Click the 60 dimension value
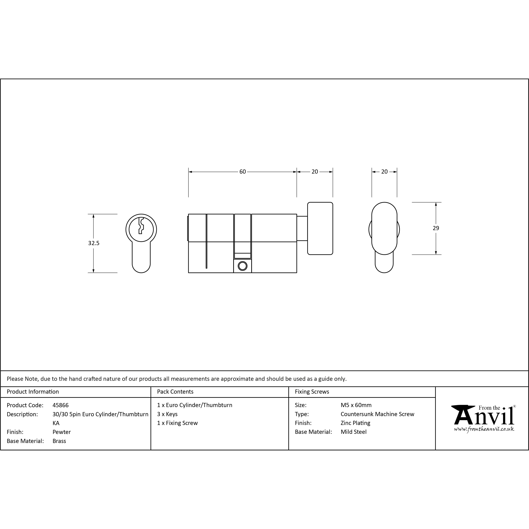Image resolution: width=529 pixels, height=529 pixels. pos(243,172)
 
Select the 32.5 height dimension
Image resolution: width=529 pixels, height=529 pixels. pos(94,243)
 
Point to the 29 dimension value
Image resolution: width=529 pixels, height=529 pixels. pos(436,228)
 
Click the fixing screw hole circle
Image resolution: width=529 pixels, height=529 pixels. pos(243,266)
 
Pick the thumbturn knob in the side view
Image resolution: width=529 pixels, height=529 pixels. pos(320,228)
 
